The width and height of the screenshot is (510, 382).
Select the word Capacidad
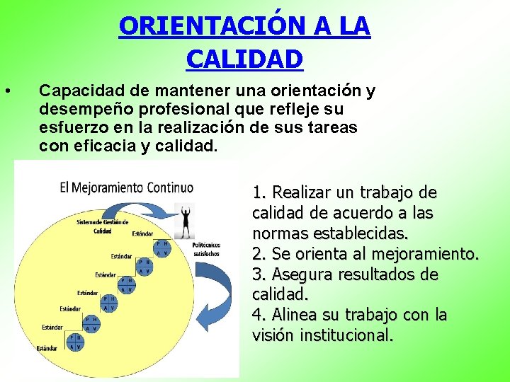(74, 91)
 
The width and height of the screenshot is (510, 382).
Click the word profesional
(180, 110)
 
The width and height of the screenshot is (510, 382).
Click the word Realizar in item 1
(299, 192)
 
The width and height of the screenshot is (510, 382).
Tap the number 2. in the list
(259, 253)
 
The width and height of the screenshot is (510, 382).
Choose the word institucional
(347, 335)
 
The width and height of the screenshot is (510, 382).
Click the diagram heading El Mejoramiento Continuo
(126, 187)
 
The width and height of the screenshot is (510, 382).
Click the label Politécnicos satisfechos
(207, 249)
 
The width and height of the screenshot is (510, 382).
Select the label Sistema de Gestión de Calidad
(102, 226)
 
